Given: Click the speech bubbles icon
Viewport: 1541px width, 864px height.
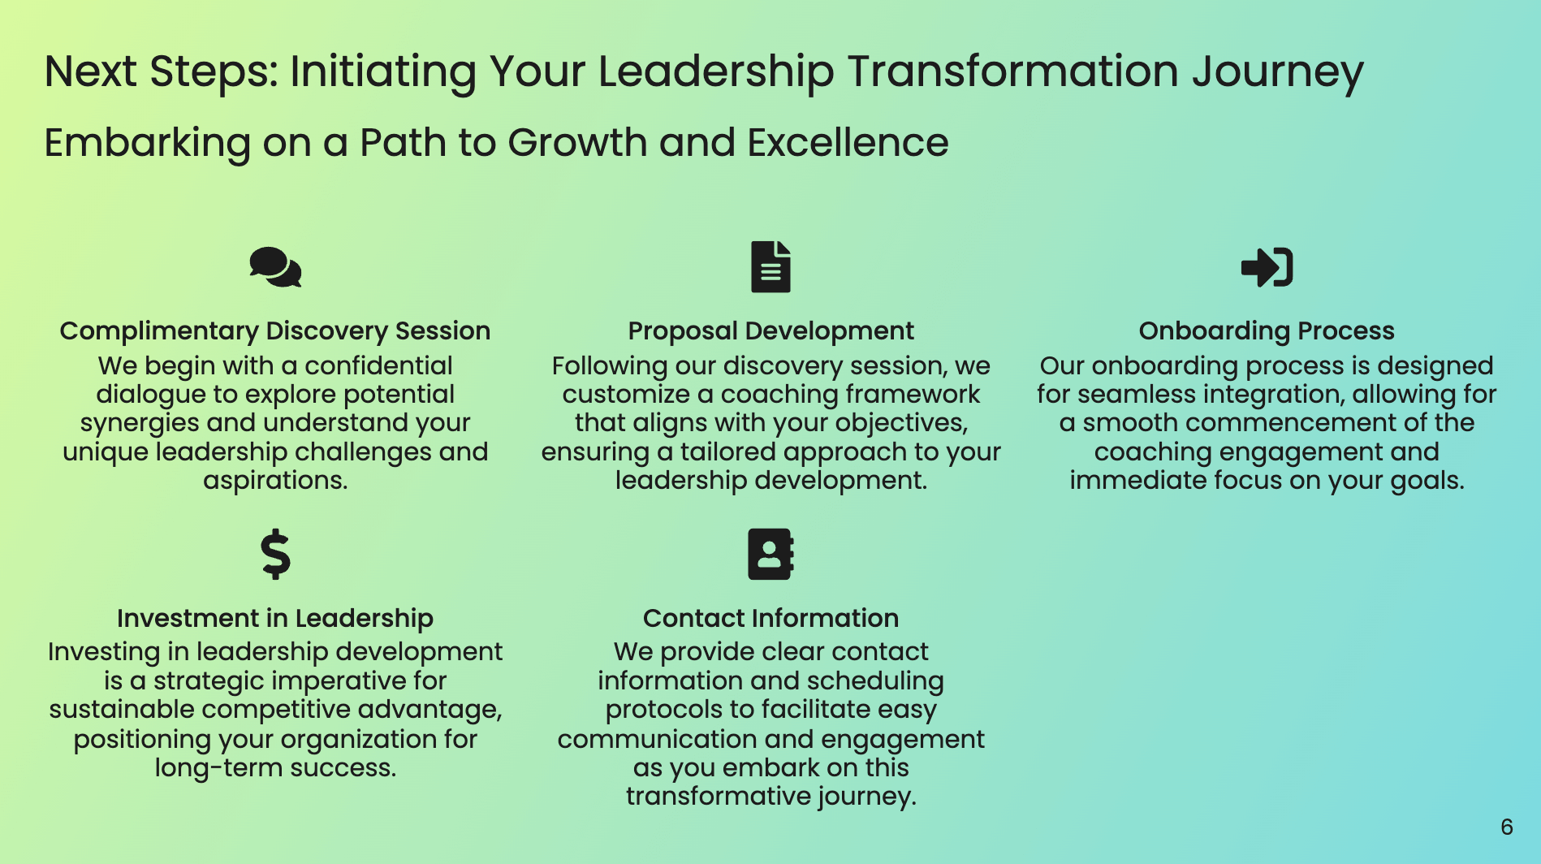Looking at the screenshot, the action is tap(275, 267).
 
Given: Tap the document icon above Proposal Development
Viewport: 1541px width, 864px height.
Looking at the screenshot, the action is tap(770, 266).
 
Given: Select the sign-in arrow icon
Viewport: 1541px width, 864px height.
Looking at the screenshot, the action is tap(1267, 267).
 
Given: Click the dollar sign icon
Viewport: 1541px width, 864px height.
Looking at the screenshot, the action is tap(275, 555).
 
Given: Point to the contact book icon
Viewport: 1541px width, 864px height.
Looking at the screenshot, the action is tap(770, 554).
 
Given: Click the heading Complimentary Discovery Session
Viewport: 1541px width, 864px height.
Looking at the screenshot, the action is tap(275, 331).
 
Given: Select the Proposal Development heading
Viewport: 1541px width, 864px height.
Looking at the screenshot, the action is tap(770, 331).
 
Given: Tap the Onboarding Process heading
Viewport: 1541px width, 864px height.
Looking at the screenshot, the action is tap(1267, 331).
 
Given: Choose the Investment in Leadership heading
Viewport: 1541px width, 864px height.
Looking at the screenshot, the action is tap(275, 619).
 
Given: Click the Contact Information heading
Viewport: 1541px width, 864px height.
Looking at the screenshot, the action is tap(770, 619).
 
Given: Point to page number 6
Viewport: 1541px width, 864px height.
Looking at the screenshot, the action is tap(1507, 827).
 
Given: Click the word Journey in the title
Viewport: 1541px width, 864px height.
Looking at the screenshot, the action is tap(1278, 72).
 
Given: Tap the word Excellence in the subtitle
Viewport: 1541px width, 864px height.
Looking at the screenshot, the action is tap(848, 143).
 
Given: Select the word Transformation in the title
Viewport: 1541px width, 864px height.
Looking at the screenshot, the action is tap(1013, 71).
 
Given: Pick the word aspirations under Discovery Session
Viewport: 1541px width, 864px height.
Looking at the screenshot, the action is tap(275, 482).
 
